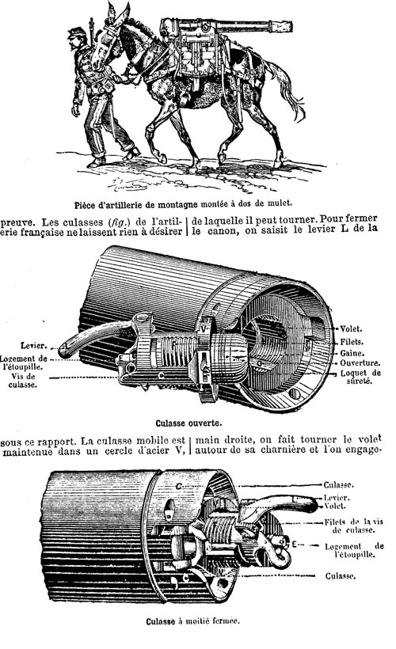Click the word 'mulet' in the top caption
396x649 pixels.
(280, 203)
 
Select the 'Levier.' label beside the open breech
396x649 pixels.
(32, 346)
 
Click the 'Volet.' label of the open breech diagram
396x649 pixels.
(351, 329)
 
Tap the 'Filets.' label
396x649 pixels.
(352, 342)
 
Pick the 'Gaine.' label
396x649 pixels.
(352, 353)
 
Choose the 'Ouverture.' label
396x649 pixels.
(360, 363)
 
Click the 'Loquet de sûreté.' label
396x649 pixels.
(360, 377)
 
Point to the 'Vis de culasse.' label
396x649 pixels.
(23, 381)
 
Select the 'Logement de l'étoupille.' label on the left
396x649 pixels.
(24, 362)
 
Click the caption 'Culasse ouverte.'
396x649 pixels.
(188, 423)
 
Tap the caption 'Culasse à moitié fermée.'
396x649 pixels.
(192, 621)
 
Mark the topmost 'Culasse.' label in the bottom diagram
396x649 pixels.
(338, 484)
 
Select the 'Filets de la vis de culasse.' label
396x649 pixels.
(353, 526)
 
